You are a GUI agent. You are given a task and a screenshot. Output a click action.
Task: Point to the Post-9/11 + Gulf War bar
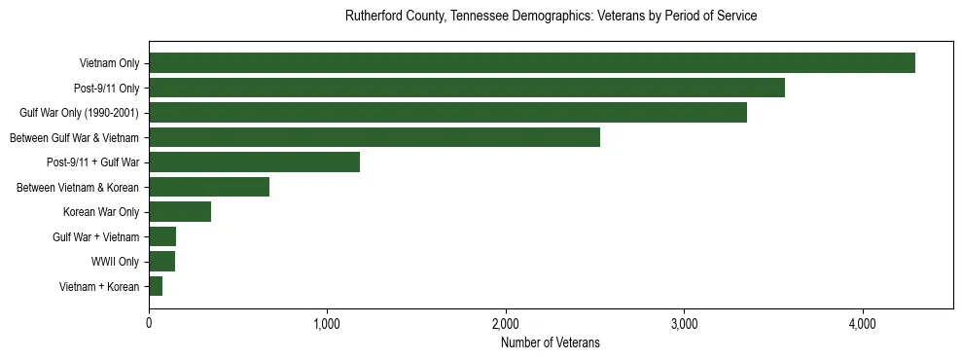tap(254, 162)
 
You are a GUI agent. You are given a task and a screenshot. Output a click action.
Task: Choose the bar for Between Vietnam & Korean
tap(209, 187)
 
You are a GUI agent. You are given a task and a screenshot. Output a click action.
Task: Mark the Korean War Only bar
tap(180, 212)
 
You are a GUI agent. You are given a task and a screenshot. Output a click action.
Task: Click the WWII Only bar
tap(161, 262)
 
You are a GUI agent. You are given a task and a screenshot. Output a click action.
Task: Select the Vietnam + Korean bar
tap(156, 286)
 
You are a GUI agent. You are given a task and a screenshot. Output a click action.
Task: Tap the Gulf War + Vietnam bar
tap(162, 236)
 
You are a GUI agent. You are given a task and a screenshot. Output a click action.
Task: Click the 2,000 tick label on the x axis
tap(506, 323)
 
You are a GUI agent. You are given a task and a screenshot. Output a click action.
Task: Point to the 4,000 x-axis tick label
tap(863, 323)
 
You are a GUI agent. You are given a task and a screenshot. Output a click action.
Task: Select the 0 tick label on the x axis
tap(149, 323)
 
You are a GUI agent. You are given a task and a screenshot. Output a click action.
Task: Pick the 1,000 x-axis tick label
tap(327, 323)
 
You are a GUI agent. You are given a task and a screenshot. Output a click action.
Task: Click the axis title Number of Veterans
tap(551, 343)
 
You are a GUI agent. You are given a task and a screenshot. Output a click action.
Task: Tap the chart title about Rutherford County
tap(551, 17)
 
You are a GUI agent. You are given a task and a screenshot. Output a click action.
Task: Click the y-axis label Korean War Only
tap(101, 212)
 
